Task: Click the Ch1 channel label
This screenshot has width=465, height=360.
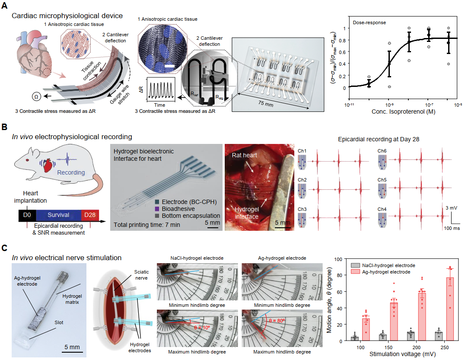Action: point(302,150)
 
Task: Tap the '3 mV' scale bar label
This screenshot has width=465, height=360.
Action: point(451,208)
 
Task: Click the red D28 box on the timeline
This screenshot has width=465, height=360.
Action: point(90,215)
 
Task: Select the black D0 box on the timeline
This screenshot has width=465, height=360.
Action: point(26,215)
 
